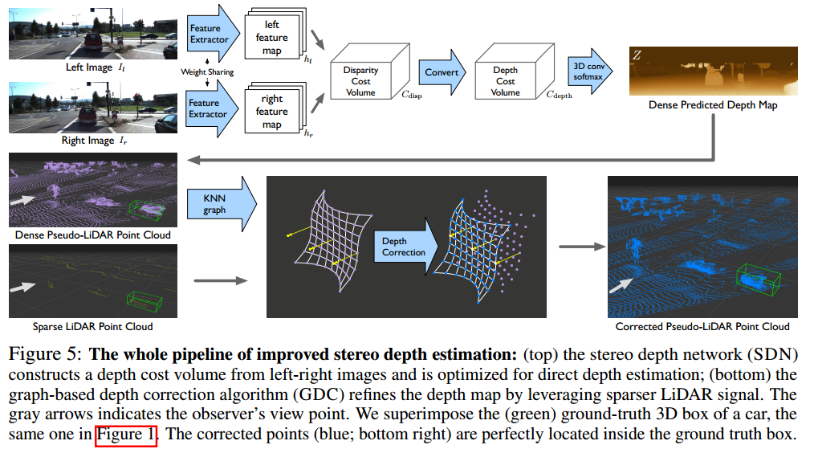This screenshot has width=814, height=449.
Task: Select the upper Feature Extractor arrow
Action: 211,34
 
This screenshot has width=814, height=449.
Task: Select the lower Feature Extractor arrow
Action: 211,108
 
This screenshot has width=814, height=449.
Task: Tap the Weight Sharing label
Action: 207,71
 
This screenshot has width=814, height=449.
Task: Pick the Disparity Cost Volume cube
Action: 360,81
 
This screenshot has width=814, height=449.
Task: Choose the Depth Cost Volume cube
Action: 505,81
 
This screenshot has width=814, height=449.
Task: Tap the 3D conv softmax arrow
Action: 589,72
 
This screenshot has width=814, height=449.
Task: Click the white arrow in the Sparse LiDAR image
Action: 27,285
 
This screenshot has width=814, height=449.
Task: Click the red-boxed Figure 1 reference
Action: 130,435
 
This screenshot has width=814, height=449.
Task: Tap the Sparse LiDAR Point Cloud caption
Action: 92,327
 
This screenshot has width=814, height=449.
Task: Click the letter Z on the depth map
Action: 637,55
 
